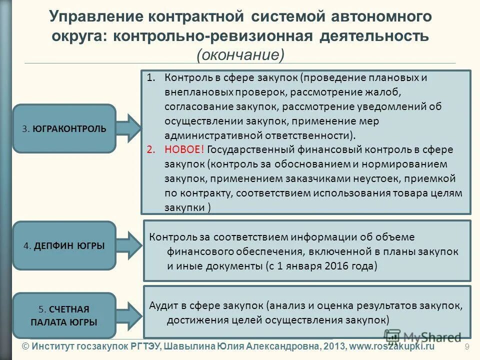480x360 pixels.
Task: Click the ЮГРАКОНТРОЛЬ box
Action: click(64, 128)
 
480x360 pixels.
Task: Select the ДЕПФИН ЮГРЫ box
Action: click(64, 246)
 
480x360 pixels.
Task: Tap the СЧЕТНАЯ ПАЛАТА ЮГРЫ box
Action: click(64, 315)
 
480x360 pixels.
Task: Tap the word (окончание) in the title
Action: click(240, 54)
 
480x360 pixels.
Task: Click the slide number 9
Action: click(467, 347)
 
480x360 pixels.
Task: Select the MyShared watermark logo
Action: click(423, 338)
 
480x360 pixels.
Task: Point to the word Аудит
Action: click(162, 306)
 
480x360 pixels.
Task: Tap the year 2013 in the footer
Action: click(331, 346)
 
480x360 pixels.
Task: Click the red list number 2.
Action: click(151, 149)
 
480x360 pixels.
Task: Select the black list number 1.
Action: click(151, 78)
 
